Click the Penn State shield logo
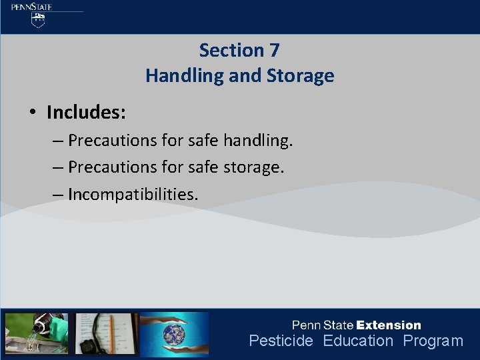tap(39, 19)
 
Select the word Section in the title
tap(231, 50)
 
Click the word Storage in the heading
tap(299, 76)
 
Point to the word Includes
tap(86, 112)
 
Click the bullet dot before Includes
tap(32, 113)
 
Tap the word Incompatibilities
tap(133, 194)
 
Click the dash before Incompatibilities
tap(57, 194)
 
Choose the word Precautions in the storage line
tap(112, 167)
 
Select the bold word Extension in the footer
tap(389, 325)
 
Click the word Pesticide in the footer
tap(281, 341)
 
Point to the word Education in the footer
tap(358, 341)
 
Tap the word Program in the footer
tap(433, 341)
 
